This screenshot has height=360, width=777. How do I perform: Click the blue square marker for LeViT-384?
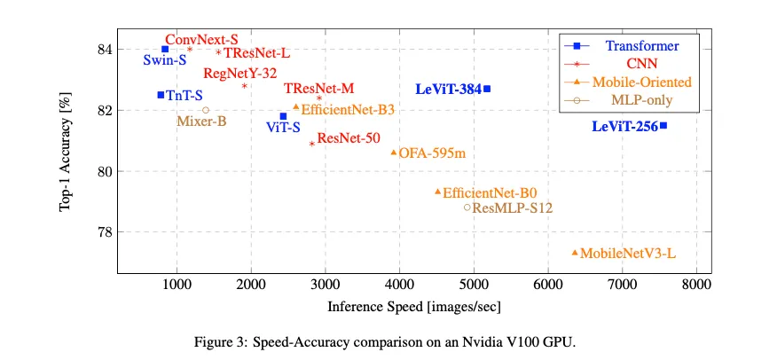[x=487, y=89]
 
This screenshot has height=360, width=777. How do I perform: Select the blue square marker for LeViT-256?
[x=663, y=126]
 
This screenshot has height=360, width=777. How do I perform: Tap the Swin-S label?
[x=164, y=61]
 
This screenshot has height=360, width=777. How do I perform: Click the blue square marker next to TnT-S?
[x=161, y=95]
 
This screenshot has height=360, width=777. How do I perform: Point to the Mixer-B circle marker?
[x=206, y=110]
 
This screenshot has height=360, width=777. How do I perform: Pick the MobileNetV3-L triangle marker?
[x=575, y=253]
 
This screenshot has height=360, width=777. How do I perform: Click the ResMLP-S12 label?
[x=513, y=208]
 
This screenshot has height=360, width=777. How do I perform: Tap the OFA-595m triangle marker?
[x=394, y=153]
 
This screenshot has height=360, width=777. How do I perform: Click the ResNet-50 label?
[x=349, y=138]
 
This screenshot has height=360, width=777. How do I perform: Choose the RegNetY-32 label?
[x=239, y=74]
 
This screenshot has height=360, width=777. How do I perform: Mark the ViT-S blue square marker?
[x=283, y=116]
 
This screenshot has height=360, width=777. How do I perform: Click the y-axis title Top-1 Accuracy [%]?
[x=65, y=154]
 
